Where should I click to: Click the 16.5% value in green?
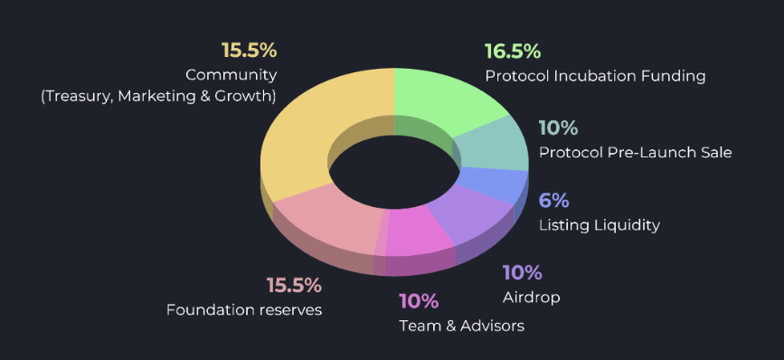[x=512, y=52]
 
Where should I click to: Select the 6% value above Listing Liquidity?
[x=553, y=200]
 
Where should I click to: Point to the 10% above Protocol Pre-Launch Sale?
[x=558, y=128]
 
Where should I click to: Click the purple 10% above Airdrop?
[x=522, y=272]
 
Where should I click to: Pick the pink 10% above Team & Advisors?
[x=419, y=301]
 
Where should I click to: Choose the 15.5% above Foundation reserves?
[x=294, y=286]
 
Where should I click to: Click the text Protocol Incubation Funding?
[x=595, y=76]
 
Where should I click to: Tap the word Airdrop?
[x=531, y=297]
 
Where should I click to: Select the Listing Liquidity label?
[x=600, y=224]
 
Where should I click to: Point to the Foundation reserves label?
[x=244, y=310]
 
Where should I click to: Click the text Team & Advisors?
[x=461, y=326]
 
